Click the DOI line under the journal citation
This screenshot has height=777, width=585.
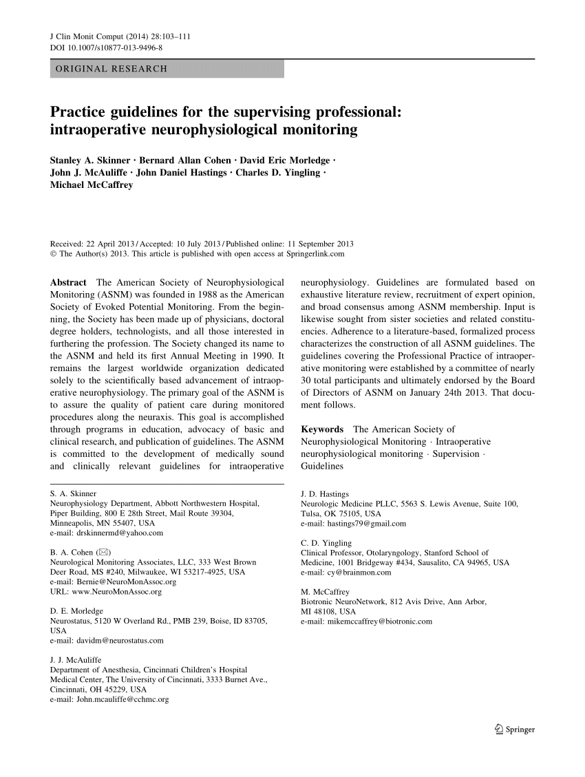click(107, 49)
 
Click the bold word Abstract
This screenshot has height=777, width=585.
click(68, 282)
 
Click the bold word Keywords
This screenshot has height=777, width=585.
click(323, 429)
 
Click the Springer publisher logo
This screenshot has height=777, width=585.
click(514, 730)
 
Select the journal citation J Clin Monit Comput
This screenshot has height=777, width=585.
click(88, 39)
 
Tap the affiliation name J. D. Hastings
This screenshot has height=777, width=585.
click(325, 494)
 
